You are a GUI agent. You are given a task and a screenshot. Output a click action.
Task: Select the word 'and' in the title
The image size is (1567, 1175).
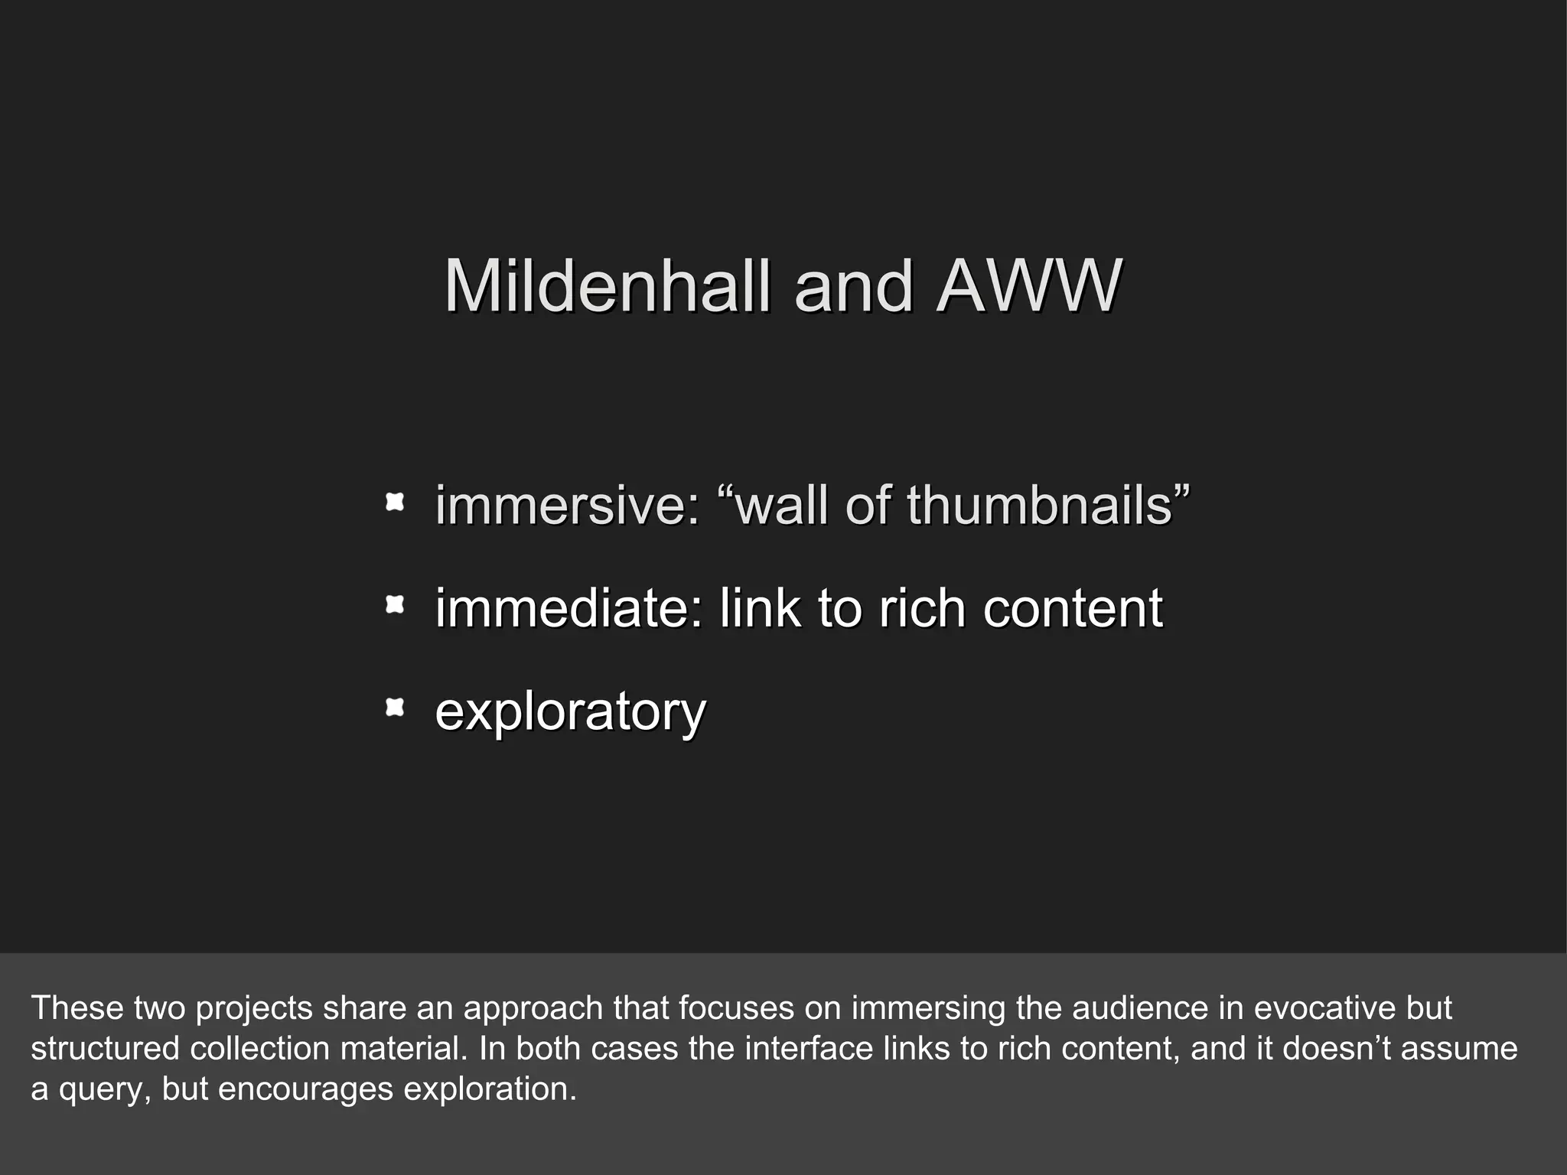pos(853,286)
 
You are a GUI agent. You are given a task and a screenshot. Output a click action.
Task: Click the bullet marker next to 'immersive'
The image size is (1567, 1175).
pos(394,503)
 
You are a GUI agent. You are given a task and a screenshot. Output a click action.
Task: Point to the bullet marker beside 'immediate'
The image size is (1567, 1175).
pos(394,606)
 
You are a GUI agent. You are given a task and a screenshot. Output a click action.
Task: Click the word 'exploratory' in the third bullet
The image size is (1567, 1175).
pos(570,711)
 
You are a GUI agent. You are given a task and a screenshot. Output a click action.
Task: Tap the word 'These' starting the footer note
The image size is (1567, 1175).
pos(78,1008)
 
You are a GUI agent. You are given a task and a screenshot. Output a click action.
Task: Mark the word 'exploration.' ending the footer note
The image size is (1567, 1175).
pos(490,1089)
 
